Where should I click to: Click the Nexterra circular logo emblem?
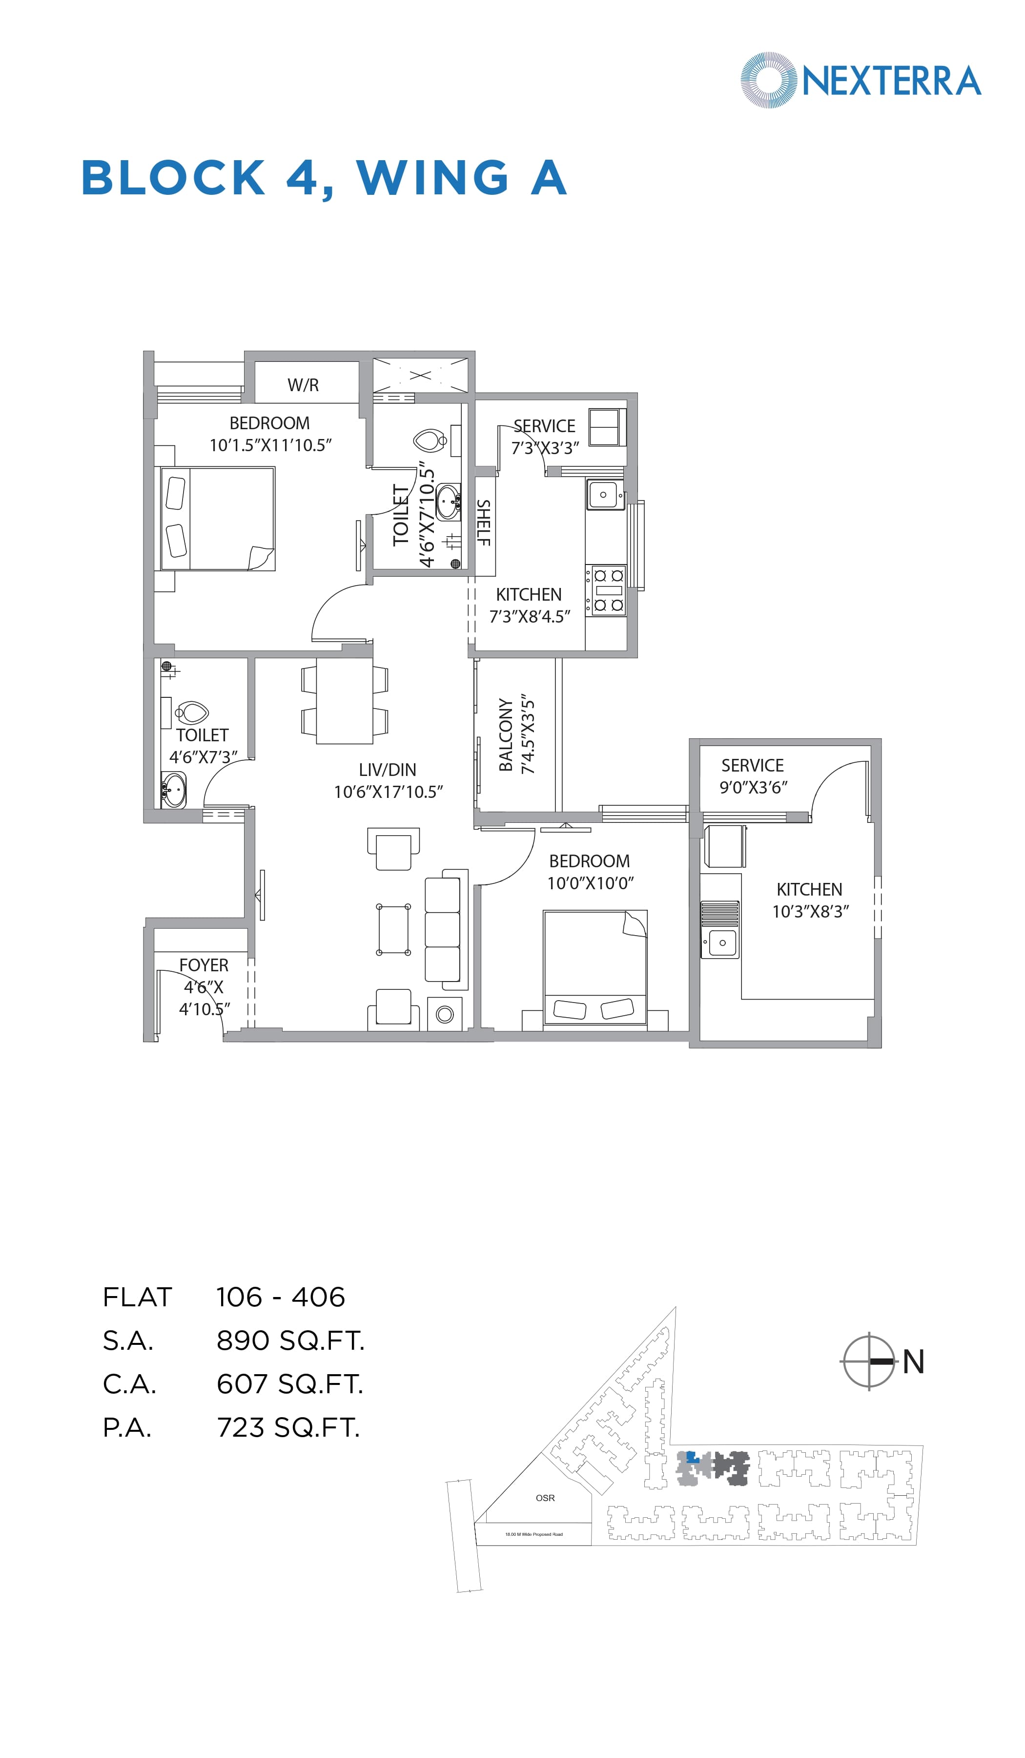pos(768,80)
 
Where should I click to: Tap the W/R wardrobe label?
pos(303,385)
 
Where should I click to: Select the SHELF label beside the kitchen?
pos(483,523)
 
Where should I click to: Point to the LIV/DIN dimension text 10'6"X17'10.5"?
pos(389,792)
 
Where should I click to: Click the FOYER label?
pos(204,965)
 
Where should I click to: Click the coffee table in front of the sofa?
pos(393,930)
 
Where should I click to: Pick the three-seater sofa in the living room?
pos(444,930)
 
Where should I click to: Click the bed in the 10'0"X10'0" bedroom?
pos(595,966)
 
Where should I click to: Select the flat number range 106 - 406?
pos(280,1297)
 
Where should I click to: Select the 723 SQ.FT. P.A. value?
pos(288,1427)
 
